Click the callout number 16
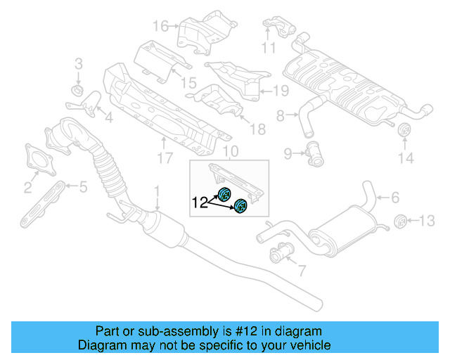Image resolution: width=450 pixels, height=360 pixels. tap(160, 27)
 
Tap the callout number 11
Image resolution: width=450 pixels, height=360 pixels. tap(268, 48)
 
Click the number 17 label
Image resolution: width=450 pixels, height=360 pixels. tap(164, 159)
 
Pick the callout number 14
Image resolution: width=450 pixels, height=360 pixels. tap(406, 159)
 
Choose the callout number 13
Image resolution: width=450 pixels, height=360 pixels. tap(427, 221)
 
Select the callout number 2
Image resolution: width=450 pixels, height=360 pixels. tap(27, 188)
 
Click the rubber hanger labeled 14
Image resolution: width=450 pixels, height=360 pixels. tap(405, 133)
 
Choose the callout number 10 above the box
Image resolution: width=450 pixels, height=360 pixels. tap(231, 152)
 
